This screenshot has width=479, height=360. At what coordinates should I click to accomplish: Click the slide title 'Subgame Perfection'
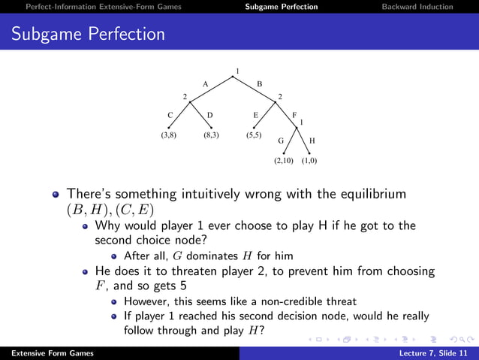coord(88,34)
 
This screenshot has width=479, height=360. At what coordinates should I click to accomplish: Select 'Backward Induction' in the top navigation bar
coord(417,7)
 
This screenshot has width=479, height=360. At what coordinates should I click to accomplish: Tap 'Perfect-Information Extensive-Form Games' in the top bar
coord(103,7)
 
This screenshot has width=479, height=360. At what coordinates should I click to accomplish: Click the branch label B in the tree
coord(259,84)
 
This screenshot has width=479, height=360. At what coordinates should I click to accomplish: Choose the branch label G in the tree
coord(281,141)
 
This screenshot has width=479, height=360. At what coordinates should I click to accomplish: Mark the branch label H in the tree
coord(312,141)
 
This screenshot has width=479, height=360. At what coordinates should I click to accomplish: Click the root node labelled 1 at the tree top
coord(237,71)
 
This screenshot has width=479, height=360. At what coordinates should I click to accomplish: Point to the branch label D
coord(210,115)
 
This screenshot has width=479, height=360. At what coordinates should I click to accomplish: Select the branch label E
coord(255,115)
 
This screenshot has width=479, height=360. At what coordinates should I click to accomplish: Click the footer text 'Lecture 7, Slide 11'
coord(435,352)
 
